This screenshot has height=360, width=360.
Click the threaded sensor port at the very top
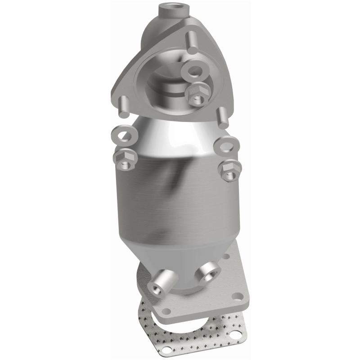[x=168, y=8]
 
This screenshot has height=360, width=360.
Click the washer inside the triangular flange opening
[x=195, y=71]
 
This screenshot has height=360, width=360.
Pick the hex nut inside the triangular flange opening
[x=196, y=93]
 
